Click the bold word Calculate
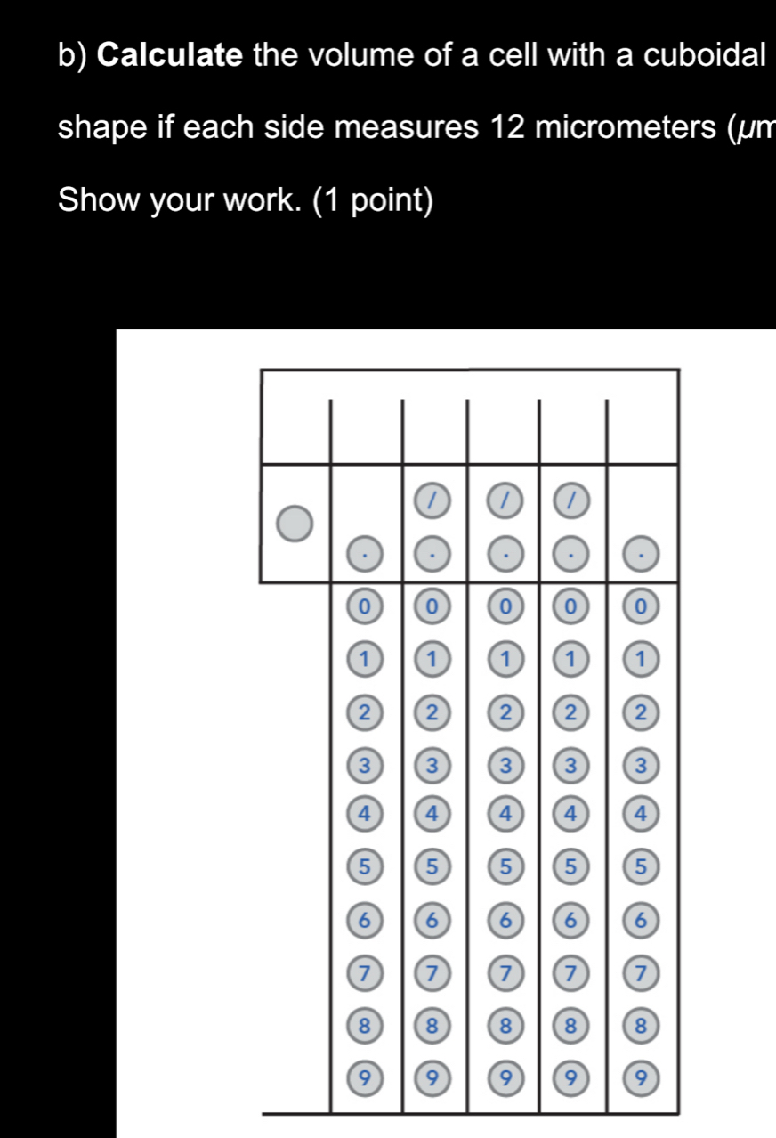(x=170, y=56)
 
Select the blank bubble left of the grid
(x=295, y=524)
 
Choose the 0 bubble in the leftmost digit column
(x=363, y=607)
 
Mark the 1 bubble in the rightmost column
(x=642, y=660)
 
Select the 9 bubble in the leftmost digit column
(x=363, y=1078)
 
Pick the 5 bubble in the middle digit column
(x=504, y=866)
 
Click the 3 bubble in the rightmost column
(x=642, y=765)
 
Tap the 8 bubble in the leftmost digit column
(x=363, y=1026)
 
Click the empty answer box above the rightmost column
(x=642, y=432)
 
